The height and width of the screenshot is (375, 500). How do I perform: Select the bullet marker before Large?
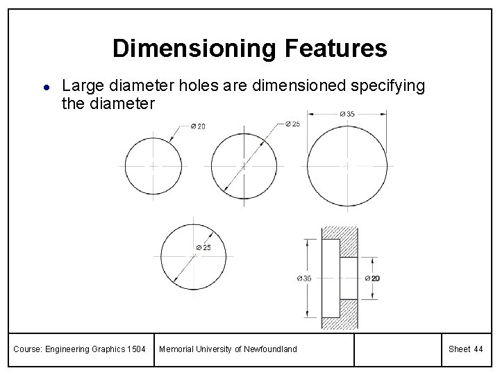coord(44,87)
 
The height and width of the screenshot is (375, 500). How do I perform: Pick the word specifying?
coord(392,87)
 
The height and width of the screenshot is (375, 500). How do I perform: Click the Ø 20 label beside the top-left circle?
coord(197,126)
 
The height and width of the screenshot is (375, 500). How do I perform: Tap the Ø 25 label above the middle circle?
coord(292,124)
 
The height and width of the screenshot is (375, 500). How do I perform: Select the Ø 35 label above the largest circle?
coord(347,114)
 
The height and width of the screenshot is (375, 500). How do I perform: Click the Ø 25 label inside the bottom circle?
coord(203,247)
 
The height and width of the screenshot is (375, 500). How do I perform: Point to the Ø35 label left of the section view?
coord(303,278)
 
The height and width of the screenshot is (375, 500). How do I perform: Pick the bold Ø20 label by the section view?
coord(372,278)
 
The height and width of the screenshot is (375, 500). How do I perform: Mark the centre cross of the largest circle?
coord(347,166)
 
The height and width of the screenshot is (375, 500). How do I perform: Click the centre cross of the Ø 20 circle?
coord(151,166)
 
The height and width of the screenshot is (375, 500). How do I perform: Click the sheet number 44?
coord(478,349)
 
